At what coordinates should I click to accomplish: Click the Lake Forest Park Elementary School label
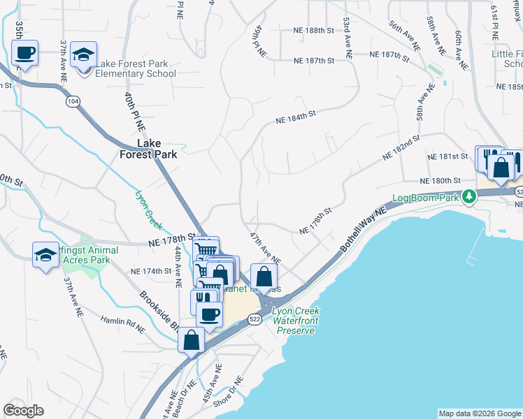click(x=136, y=69)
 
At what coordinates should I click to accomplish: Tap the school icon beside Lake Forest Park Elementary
click(x=84, y=55)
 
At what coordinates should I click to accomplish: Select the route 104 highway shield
click(x=72, y=101)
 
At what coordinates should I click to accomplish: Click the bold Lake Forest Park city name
click(x=147, y=149)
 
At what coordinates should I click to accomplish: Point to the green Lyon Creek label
click(x=147, y=206)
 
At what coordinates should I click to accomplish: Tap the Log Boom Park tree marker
click(x=471, y=198)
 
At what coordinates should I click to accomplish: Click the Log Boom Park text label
click(x=428, y=198)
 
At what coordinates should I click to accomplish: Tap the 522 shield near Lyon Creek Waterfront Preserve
click(x=255, y=318)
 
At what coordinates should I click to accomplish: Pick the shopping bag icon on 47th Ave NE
click(x=264, y=277)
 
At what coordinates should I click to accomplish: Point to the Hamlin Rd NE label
click(x=122, y=323)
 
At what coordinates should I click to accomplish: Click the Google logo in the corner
click(x=23, y=411)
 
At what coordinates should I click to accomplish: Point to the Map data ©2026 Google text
click(x=479, y=413)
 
